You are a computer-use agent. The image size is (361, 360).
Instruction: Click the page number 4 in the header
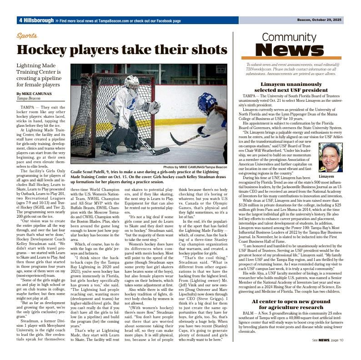coord(21,20)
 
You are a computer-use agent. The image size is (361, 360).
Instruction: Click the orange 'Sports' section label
coord(27,35)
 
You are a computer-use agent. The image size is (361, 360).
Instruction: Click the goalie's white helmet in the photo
coord(132,83)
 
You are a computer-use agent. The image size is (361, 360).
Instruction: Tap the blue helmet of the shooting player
coord(207,102)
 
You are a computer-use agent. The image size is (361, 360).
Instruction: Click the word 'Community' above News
coord(289,37)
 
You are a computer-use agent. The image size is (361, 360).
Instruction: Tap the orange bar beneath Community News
coord(291,58)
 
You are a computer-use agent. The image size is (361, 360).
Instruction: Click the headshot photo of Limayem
coord(331,157)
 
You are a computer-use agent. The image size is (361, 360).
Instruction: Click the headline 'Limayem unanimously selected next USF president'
coord(291,87)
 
